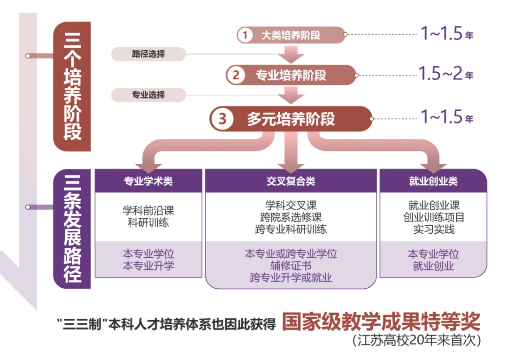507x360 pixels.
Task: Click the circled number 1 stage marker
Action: point(245,35)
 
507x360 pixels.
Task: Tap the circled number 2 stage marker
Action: point(236,75)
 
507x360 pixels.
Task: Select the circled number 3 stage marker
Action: point(222,119)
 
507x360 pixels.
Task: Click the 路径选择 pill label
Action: point(148,54)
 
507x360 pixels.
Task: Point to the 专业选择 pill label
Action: point(148,95)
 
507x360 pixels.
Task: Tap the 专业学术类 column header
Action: point(148,181)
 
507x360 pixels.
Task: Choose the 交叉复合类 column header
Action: point(291,181)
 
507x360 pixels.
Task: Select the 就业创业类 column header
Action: point(433,181)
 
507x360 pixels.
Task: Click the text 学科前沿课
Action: point(148,211)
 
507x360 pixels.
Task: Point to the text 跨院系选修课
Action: point(291,217)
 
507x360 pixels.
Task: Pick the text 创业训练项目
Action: point(433,217)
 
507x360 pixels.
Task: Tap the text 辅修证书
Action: point(291,266)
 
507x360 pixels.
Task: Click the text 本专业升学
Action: point(148,266)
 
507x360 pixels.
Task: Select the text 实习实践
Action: point(433,230)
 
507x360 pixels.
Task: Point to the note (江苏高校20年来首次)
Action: point(416,340)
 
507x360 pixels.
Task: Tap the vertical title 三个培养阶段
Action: point(72,87)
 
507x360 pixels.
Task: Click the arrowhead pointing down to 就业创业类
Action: point(433,165)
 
